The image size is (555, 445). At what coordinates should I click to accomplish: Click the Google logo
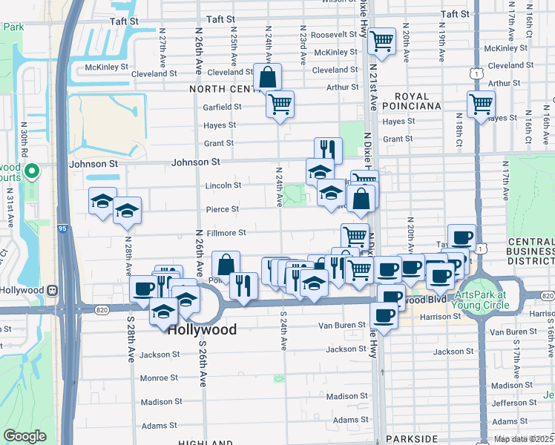click(24, 436)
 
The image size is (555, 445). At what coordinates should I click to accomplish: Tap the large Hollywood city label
click(202, 330)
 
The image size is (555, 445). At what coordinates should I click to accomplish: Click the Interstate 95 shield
click(64, 229)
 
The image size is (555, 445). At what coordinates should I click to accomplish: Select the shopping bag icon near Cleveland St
click(267, 76)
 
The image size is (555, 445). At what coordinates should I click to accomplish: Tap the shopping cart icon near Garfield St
click(280, 104)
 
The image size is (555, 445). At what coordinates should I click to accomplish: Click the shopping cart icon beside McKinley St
click(382, 42)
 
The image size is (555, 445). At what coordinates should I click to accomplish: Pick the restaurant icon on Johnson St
click(328, 151)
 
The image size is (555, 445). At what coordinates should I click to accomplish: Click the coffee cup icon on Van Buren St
click(384, 316)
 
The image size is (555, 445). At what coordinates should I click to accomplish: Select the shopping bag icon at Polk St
click(226, 264)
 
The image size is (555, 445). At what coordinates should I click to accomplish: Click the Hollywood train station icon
click(53, 290)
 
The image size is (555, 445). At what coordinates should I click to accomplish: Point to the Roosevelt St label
click(334, 35)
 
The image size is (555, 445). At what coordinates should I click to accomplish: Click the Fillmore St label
click(226, 233)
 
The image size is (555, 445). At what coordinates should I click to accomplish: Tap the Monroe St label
click(159, 378)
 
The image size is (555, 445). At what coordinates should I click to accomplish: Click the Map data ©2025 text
click(524, 439)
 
